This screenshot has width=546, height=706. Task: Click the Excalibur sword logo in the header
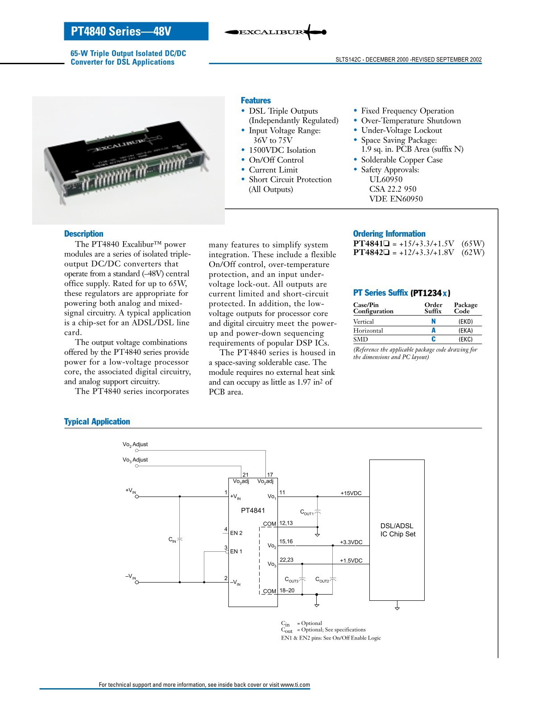(x=275, y=32)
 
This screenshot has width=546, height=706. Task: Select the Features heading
(x=256, y=101)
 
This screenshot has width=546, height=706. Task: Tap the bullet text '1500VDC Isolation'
(x=282, y=150)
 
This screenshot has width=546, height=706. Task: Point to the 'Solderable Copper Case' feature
(x=401, y=160)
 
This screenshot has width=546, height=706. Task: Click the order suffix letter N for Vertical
(x=433, y=321)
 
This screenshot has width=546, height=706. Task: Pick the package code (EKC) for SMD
(x=465, y=339)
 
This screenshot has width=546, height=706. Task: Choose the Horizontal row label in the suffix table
(x=368, y=331)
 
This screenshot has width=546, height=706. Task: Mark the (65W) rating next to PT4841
(x=473, y=243)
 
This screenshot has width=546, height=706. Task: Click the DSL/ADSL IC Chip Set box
(x=397, y=530)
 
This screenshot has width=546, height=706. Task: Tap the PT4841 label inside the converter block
(x=253, y=511)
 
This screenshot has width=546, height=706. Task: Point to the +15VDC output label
(x=351, y=493)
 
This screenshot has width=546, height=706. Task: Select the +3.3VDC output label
(x=351, y=542)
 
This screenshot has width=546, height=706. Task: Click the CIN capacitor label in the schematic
(x=172, y=540)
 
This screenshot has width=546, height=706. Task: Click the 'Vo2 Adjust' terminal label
(x=135, y=444)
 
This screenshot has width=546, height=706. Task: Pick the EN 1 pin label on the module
(x=236, y=552)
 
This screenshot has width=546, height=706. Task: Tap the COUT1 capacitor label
(x=307, y=513)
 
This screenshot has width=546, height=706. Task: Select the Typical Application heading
(x=97, y=422)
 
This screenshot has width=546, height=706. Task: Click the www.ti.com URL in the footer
(x=295, y=685)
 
